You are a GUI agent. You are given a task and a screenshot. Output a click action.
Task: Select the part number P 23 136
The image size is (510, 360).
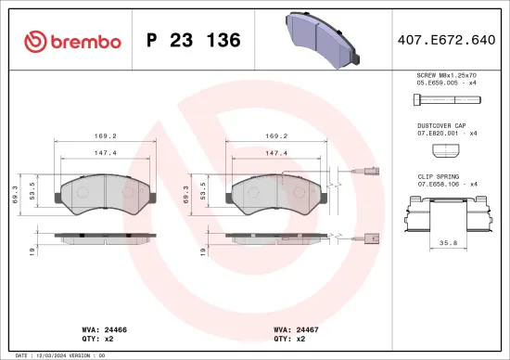click(x=194, y=41)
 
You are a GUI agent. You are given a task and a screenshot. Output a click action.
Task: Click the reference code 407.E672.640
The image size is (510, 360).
click(x=447, y=41)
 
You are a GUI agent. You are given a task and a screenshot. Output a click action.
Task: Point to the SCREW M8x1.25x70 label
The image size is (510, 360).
click(x=447, y=75)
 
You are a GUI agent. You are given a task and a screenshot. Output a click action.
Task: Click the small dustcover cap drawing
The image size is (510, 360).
click(x=446, y=148)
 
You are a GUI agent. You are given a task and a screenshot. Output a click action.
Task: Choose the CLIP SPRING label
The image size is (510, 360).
click(x=435, y=175)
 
